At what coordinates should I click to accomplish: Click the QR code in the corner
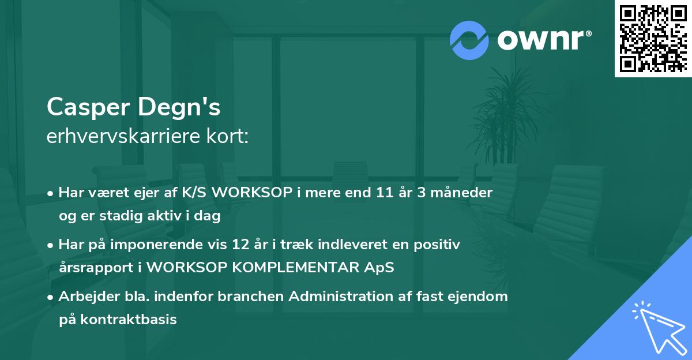[653, 39]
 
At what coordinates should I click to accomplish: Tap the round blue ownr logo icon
[469, 40]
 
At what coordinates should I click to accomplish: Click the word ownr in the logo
[542, 40]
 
